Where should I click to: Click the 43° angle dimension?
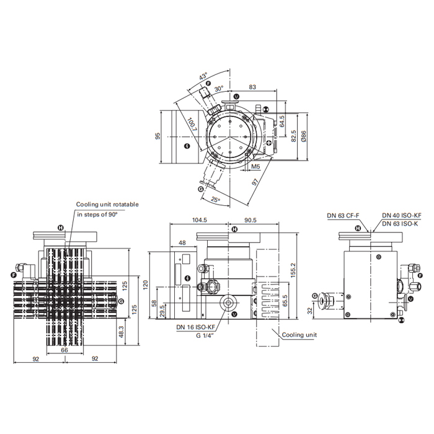pyautogui.click(x=203, y=76)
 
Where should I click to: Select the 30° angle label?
pyautogui.click(x=219, y=89)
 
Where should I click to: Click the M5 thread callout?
pyautogui.click(x=255, y=167)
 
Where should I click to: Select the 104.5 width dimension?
pyautogui.click(x=199, y=220)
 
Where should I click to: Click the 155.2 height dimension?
pyautogui.click(x=293, y=270)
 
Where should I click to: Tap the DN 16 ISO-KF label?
pyautogui.click(x=196, y=327)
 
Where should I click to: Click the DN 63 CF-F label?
pyautogui.click(x=343, y=215)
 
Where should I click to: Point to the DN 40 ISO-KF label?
pyautogui.click(x=402, y=215)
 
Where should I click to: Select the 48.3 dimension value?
pyautogui.click(x=121, y=332)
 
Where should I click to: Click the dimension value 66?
pyautogui.click(x=64, y=350)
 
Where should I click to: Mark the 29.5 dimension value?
pyautogui.click(x=162, y=311)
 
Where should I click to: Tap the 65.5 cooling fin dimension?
pyautogui.click(x=285, y=300)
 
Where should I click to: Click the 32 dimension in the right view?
pyautogui.click(x=310, y=310)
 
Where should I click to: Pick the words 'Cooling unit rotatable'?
pyautogui.click(x=107, y=204)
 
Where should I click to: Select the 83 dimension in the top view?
pyautogui.click(x=252, y=87)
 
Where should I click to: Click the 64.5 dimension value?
pyautogui.click(x=281, y=122)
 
